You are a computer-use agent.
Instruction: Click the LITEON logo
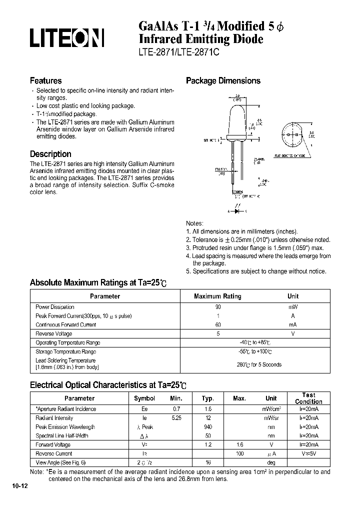(x=66, y=38)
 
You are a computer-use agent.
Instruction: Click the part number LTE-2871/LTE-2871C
(x=177, y=51)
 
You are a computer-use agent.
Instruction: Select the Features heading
(x=45, y=80)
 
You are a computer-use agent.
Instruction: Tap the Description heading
(x=50, y=154)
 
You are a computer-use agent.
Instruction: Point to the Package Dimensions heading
(x=223, y=81)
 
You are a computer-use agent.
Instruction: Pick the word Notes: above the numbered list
(x=194, y=223)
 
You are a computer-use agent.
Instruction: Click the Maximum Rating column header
(x=217, y=296)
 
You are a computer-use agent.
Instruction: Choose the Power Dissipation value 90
(x=218, y=307)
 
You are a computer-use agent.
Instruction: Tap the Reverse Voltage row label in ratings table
(x=53, y=334)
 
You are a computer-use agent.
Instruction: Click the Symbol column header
(x=144, y=398)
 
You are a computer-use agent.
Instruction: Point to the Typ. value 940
(x=208, y=427)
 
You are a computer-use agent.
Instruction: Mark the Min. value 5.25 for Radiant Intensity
(x=176, y=418)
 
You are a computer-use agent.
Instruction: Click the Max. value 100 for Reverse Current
(x=239, y=454)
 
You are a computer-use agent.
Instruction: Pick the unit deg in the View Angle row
(x=271, y=463)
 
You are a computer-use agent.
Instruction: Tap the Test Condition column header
(x=308, y=398)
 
